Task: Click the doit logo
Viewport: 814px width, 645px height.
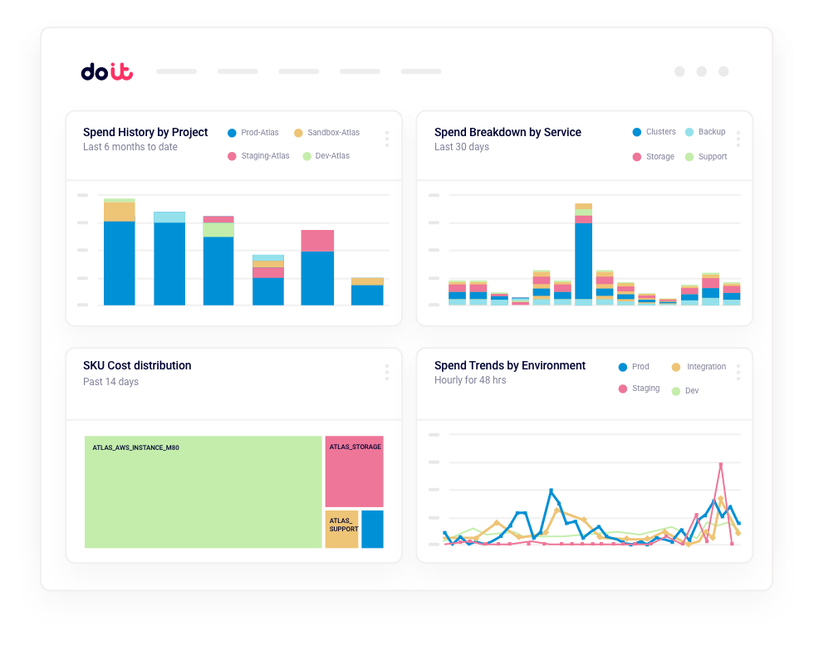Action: (106, 72)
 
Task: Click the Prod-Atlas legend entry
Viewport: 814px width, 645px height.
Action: (253, 133)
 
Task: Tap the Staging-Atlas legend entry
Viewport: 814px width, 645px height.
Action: (258, 156)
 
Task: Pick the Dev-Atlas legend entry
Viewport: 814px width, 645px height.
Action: (326, 156)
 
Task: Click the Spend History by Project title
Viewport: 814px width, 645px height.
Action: (145, 132)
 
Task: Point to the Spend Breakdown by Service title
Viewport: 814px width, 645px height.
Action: (508, 132)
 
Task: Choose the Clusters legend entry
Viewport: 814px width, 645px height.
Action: (654, 132)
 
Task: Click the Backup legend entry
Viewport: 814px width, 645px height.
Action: (705, 132)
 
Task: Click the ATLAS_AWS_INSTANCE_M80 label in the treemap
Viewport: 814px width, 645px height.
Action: (135, 448)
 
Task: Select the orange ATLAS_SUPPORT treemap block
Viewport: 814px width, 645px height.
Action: (341, 530)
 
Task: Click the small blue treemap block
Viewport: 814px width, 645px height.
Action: (372, 530)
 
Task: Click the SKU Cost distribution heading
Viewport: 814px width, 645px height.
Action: (137, 365)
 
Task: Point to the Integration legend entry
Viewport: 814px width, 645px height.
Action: (699, 367)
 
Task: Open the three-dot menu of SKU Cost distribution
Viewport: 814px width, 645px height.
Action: (387, 373)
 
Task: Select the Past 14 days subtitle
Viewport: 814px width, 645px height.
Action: (110, 382)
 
